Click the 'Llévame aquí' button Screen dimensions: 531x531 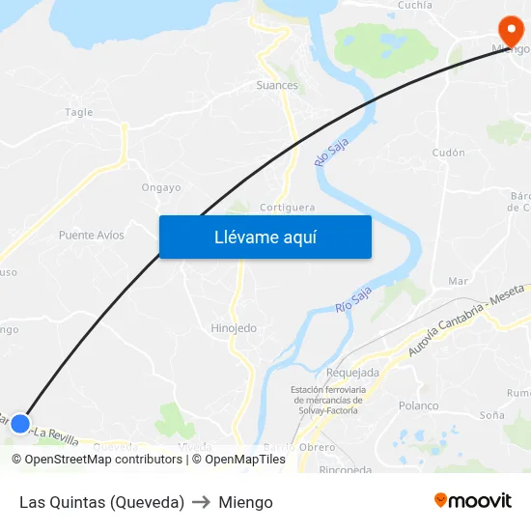tap(265, 237)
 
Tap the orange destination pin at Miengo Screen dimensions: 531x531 tap(508, 30)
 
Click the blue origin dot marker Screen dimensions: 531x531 tap(20, 423)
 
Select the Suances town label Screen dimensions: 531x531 tap(277, 85)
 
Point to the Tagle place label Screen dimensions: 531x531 tap(79, 112)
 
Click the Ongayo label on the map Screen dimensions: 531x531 tap(161, 187)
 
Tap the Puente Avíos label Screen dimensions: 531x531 tap(92, 235)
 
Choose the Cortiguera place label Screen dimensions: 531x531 tap(287, 207)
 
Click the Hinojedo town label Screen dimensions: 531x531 tap(234, 328)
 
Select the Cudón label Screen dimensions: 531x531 tap(449, 153)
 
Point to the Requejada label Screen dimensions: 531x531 tap(353, 373)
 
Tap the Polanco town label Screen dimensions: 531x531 tap(418, 405)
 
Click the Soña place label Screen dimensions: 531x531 tap(491, 415)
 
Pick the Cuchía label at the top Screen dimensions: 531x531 tap(415, 5)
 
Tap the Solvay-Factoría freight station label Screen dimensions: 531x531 tap(326, 400)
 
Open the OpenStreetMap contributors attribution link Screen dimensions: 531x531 tap(97, 460)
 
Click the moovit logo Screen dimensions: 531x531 tap(472, 501)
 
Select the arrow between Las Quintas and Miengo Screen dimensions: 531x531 tap(201, 502)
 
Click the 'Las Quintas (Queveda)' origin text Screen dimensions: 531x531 tap(101, 502)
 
